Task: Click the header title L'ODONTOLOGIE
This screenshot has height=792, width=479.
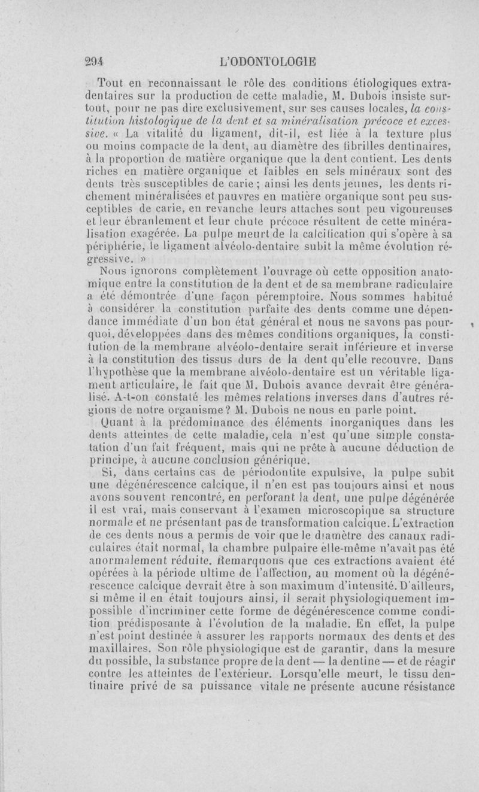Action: (x=268, y=60)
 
